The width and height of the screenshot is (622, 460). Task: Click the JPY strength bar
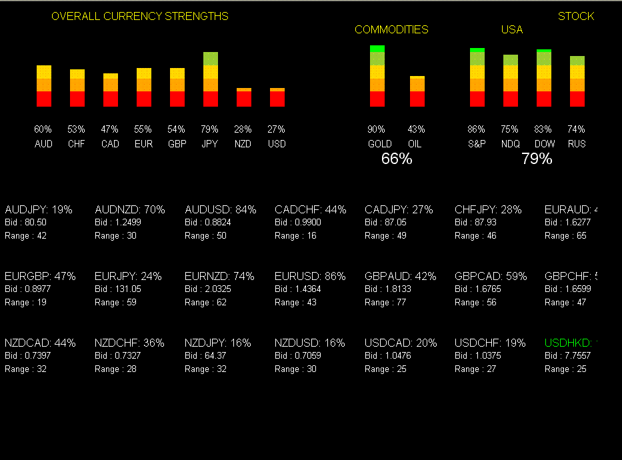(x=211, y=79)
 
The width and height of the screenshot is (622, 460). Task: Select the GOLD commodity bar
(x=377, y=76)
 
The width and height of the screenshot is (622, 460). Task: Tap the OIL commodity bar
(x=417, y=91)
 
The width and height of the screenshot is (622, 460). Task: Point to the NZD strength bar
(x=244, y=97)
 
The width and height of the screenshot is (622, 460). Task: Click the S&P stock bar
(x=477, y=77)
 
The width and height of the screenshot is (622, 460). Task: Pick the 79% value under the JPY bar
(x=210, y=129)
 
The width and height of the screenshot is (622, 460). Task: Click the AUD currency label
(x=43, y=144)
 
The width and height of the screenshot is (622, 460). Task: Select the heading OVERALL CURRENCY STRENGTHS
(x=140, y=17)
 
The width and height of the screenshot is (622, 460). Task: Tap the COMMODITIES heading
(x=391, y=30)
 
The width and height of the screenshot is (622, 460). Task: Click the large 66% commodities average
(x=397, y=159)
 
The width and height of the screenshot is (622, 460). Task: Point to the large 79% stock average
(x=537, y=159)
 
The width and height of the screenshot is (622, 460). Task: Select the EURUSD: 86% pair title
(x=310, y=276)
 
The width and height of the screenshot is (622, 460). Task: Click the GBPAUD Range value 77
(x=401, y=303)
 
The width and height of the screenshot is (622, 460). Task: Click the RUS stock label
(x=577, y=144)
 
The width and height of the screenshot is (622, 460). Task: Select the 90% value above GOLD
(x=377, y=129)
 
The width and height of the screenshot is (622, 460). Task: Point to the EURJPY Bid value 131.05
(x=127, y=289)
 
